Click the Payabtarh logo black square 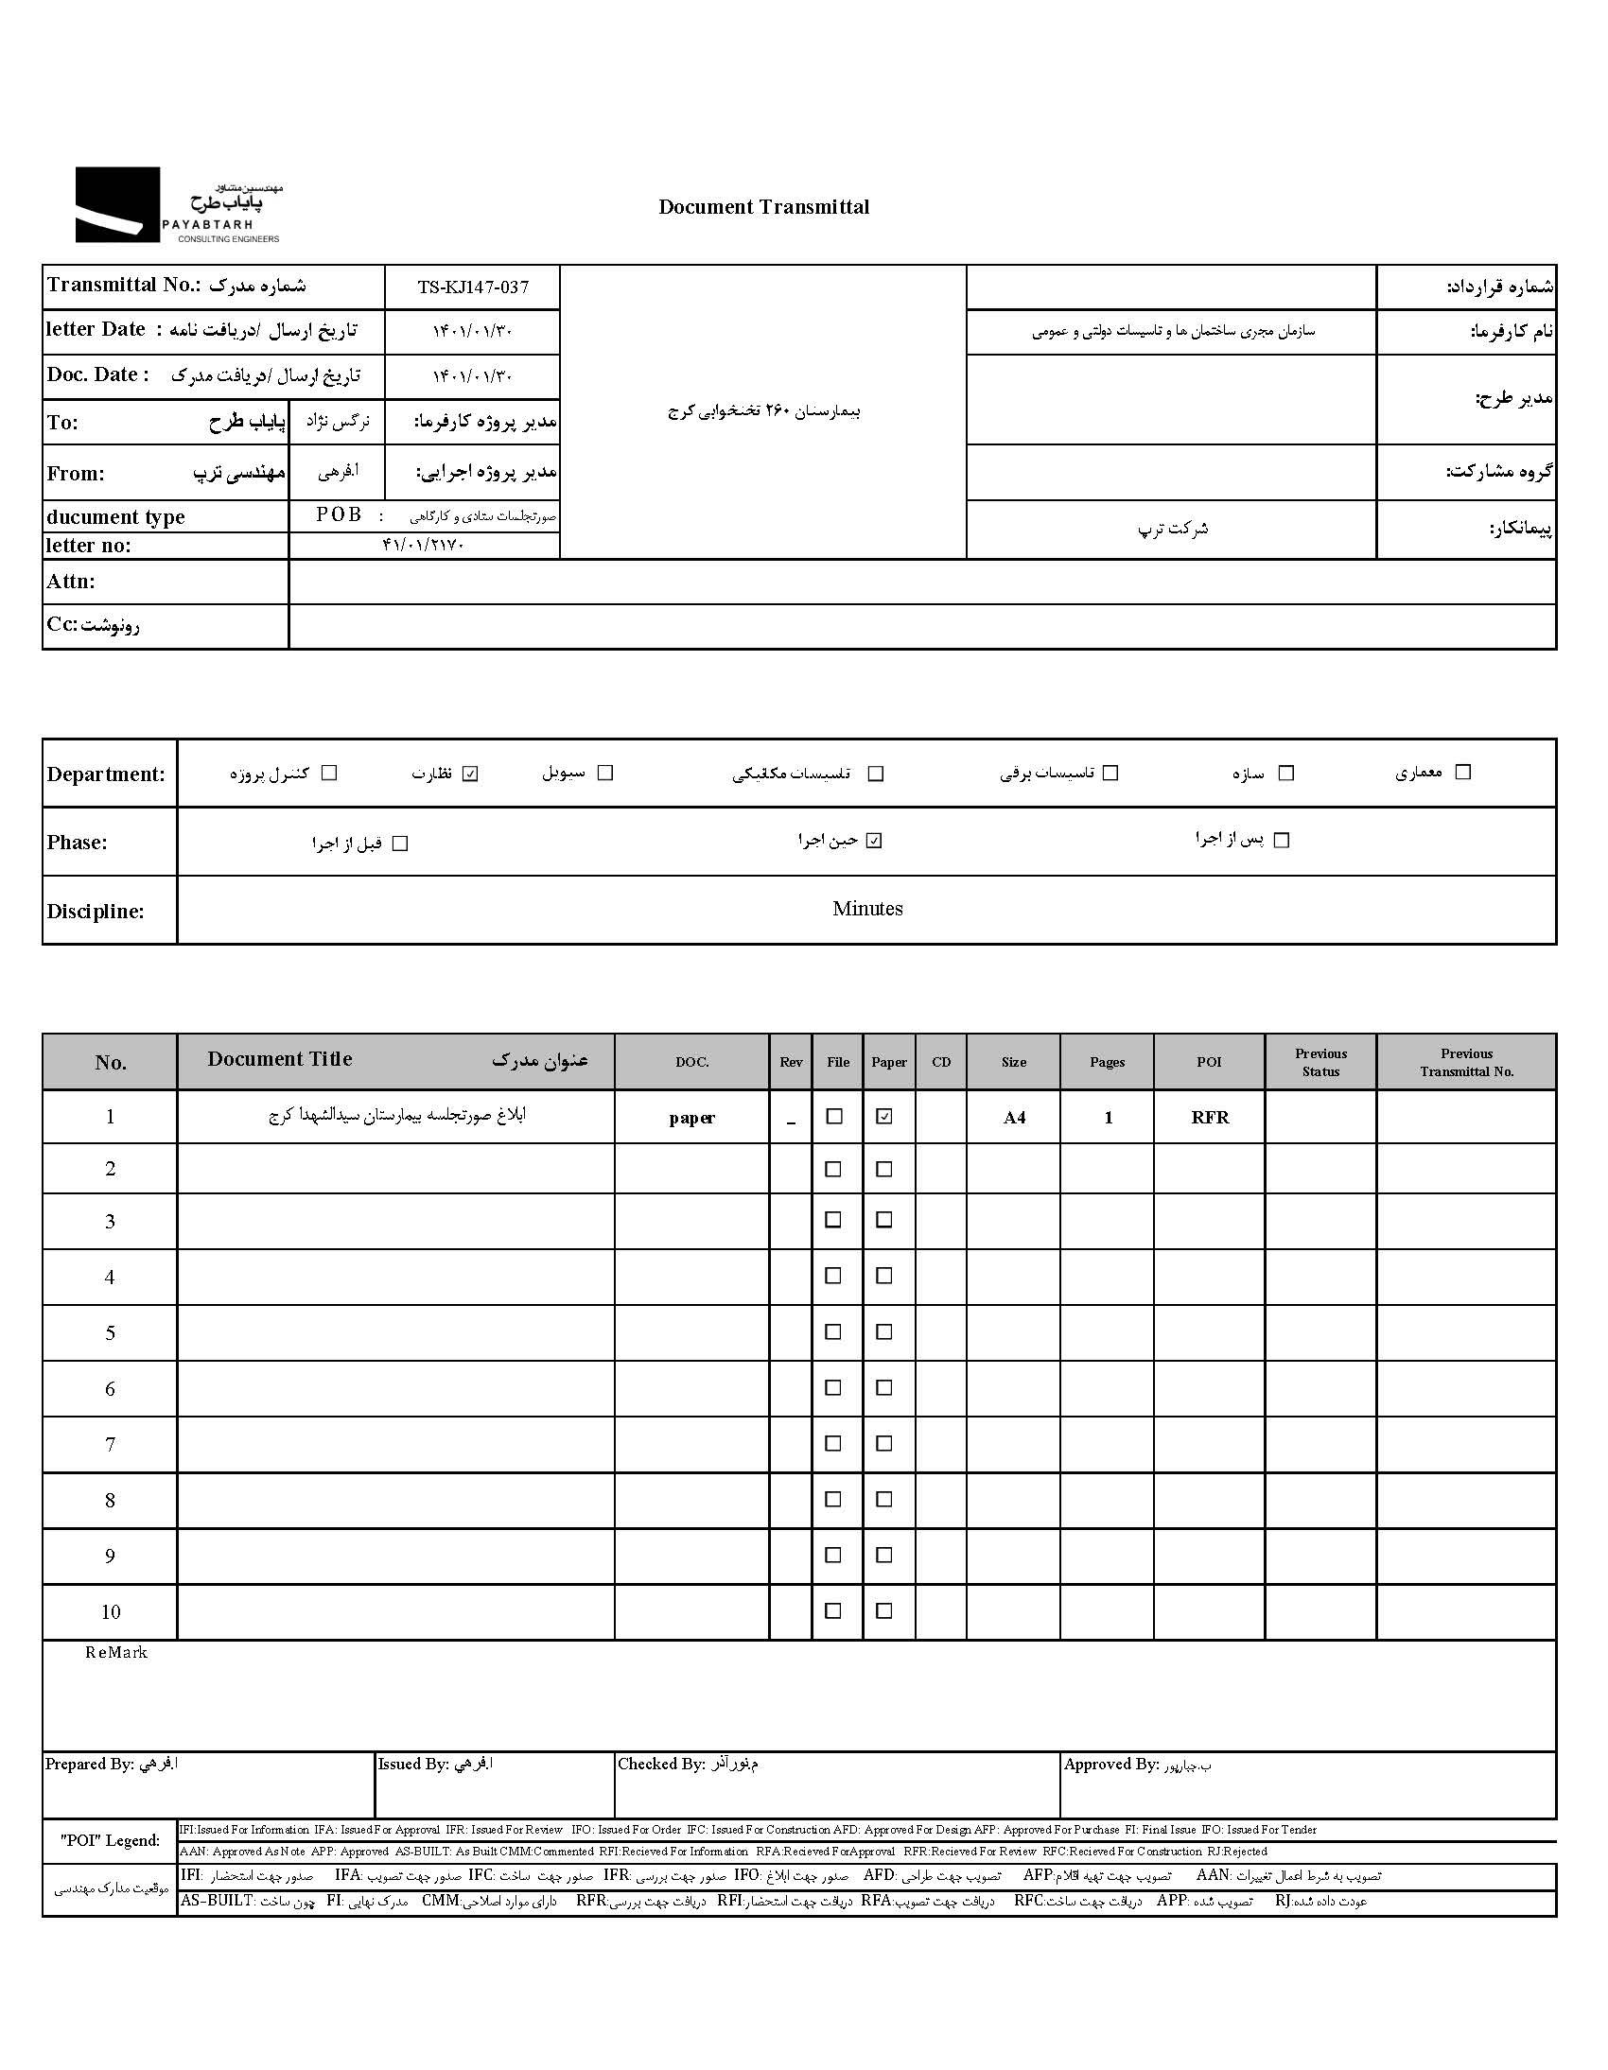[117, 203]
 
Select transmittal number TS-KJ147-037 [473, 287]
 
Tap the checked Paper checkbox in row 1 [883, 1117]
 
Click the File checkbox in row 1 [834, 1117]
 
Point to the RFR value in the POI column [1210, 1118]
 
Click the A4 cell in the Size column [1014, 1118]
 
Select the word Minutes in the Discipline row [866, 909]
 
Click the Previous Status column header [1320, 1063]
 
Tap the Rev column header [791, 1063]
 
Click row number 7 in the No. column [110, 1444]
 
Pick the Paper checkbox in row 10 [883, 1610]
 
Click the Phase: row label [77, 843]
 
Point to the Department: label [105, 774]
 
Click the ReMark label [115, 1652]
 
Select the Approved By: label [1110, 1764]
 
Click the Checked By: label [661, 1764]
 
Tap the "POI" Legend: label [110, 1839]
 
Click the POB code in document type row [339, 514]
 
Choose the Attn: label [71, 582]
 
